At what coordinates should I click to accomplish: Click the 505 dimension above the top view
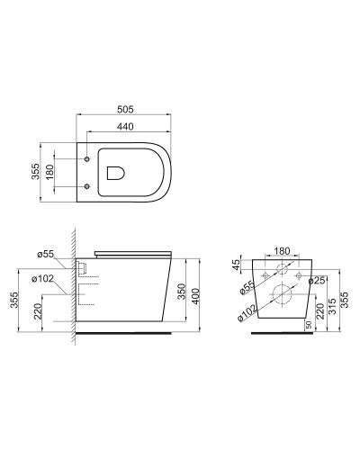click(x=125, y=110)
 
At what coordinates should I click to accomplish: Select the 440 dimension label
click(x=125, y=127)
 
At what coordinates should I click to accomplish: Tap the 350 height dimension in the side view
click(x=182, y=292)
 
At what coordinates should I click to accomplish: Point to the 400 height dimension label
click(x=195, y=296)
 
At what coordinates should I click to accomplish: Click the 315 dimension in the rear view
click(x=332, y=306)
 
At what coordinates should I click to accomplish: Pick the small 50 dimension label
click(x=309, y=325)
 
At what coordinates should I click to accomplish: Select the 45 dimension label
click(x=237, y=265)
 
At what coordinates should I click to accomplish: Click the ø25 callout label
click(x=317, y=281)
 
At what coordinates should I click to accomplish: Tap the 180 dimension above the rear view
click(x=282, y=251)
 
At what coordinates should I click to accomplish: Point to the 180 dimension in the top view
click(x=49, y=172)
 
